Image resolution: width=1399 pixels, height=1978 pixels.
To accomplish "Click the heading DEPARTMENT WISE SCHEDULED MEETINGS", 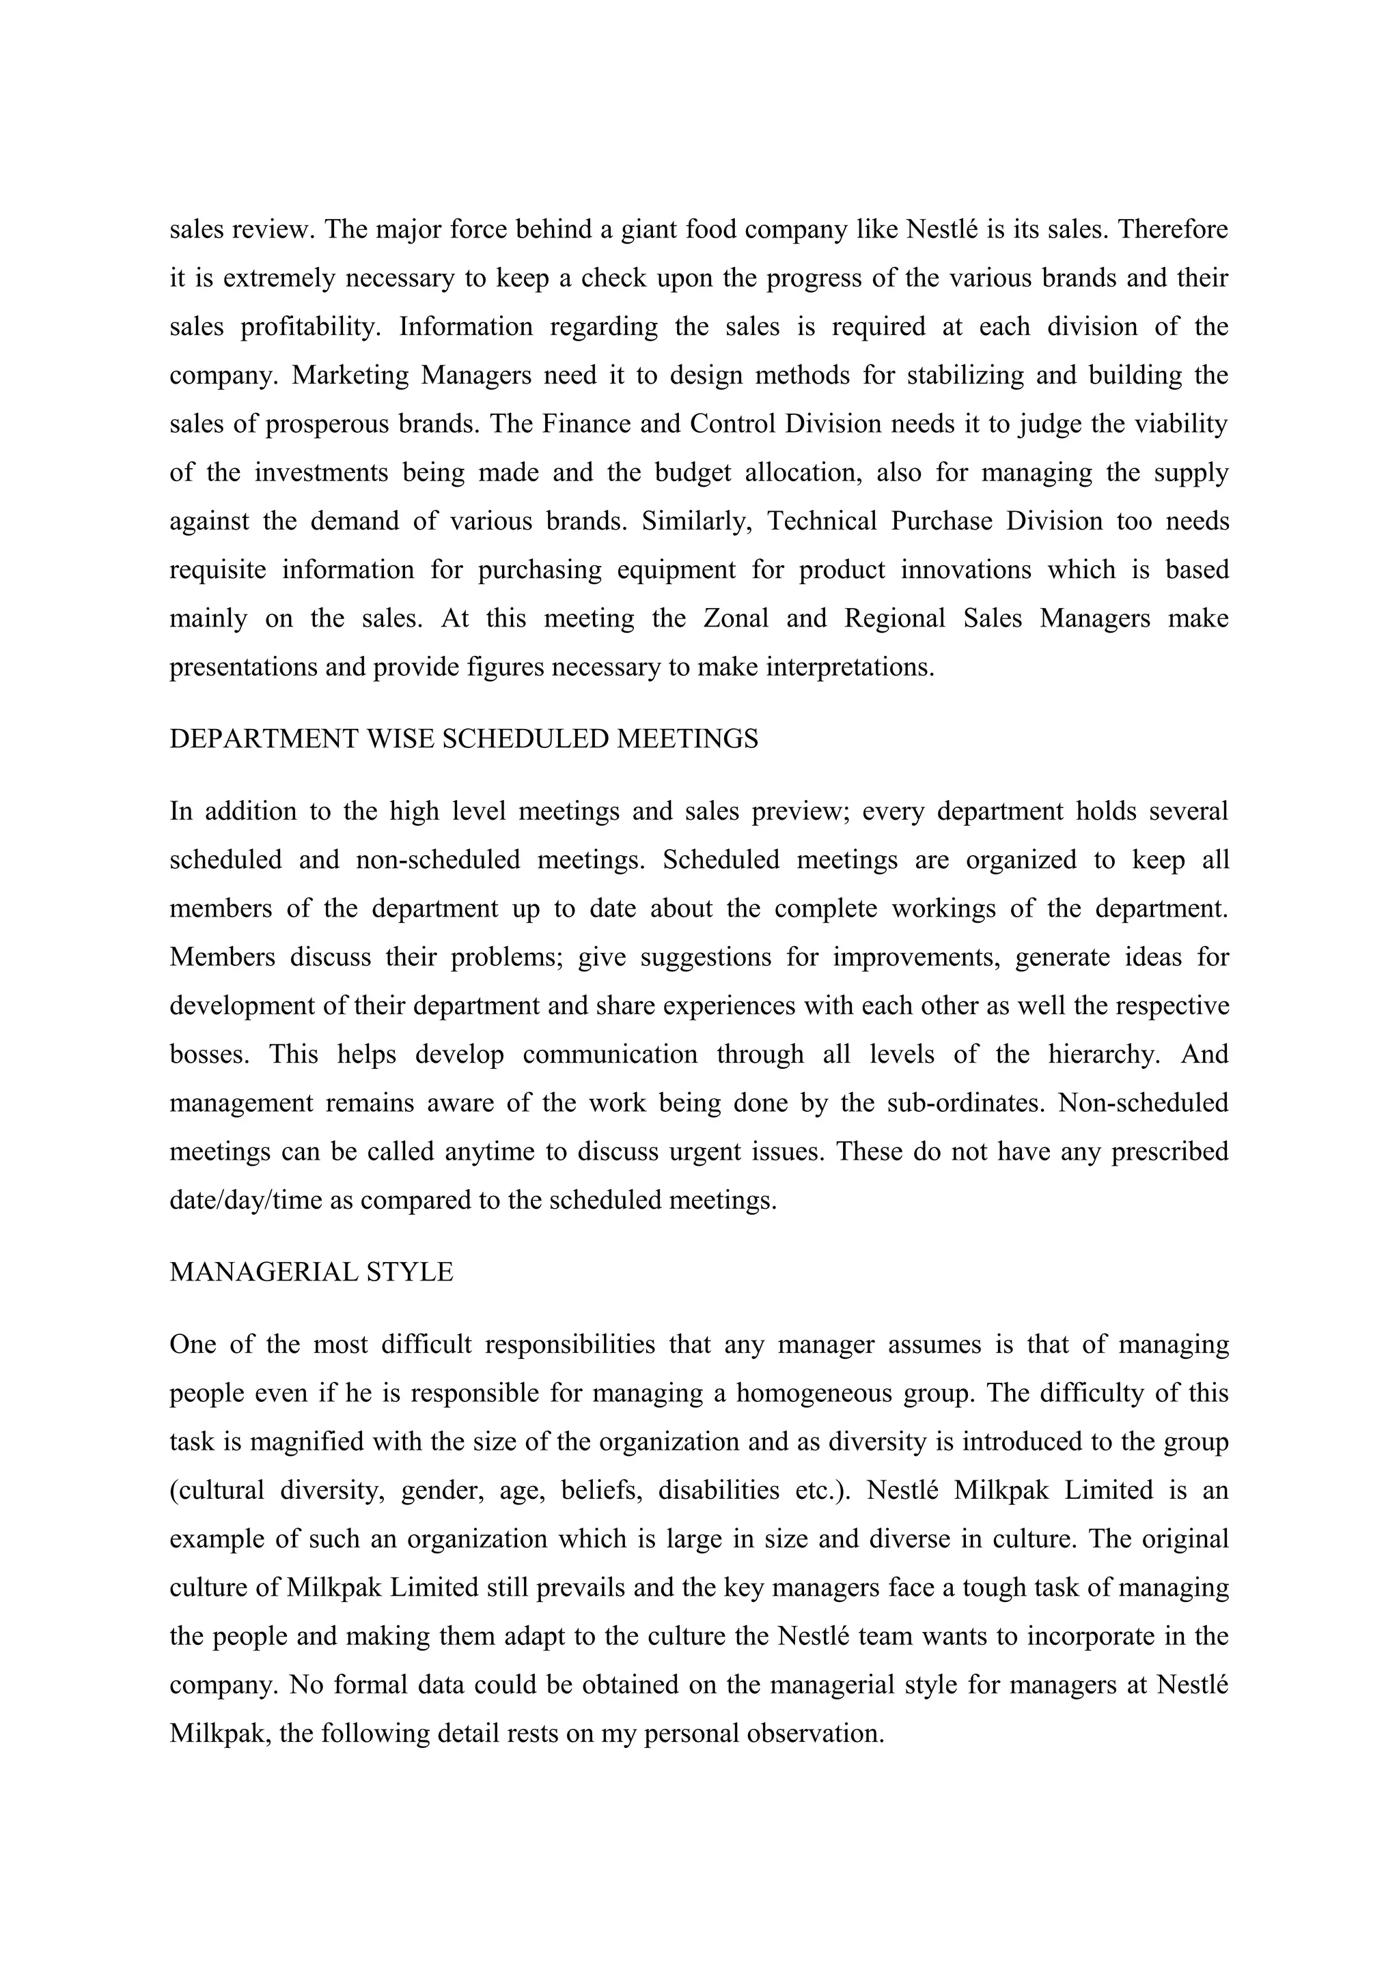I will pyautogui.click(x=464, y=739).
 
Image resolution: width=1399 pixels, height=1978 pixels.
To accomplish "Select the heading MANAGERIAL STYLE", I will pyautogui.click(x=311, y=1272).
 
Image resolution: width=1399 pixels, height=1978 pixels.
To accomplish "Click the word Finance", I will pyautogui.click(x=579, y=425).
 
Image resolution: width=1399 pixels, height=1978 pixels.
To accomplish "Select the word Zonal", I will pyautogui.click(x=735, y=618).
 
